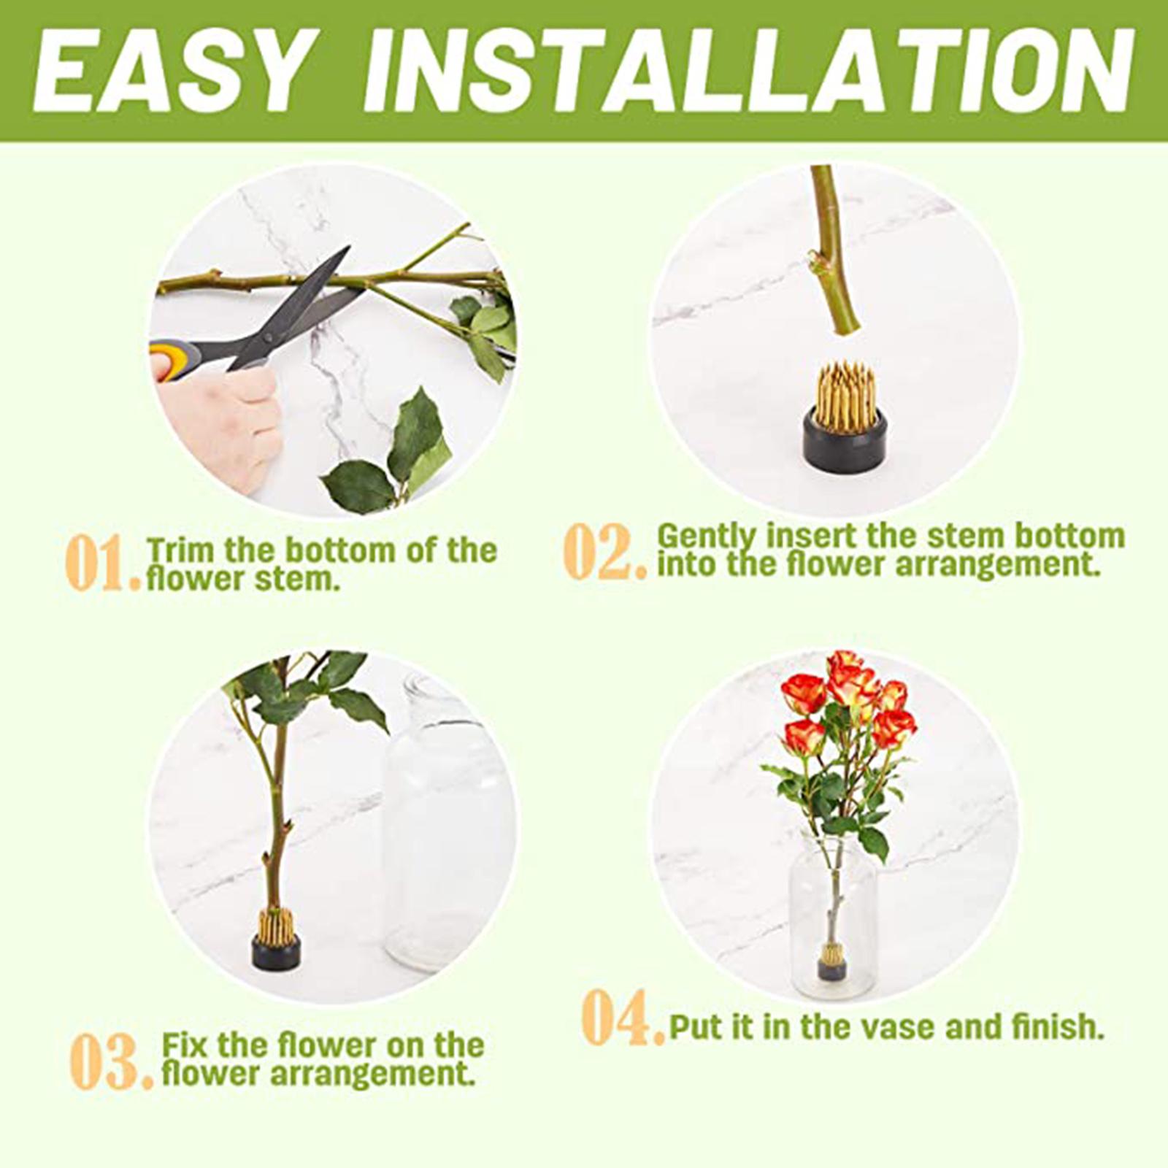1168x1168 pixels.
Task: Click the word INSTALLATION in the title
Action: coord(749,72)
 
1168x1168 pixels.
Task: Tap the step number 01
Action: coord(102,564)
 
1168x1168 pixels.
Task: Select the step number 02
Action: coord(605,551)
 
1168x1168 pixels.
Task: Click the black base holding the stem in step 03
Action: coord(276,953)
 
